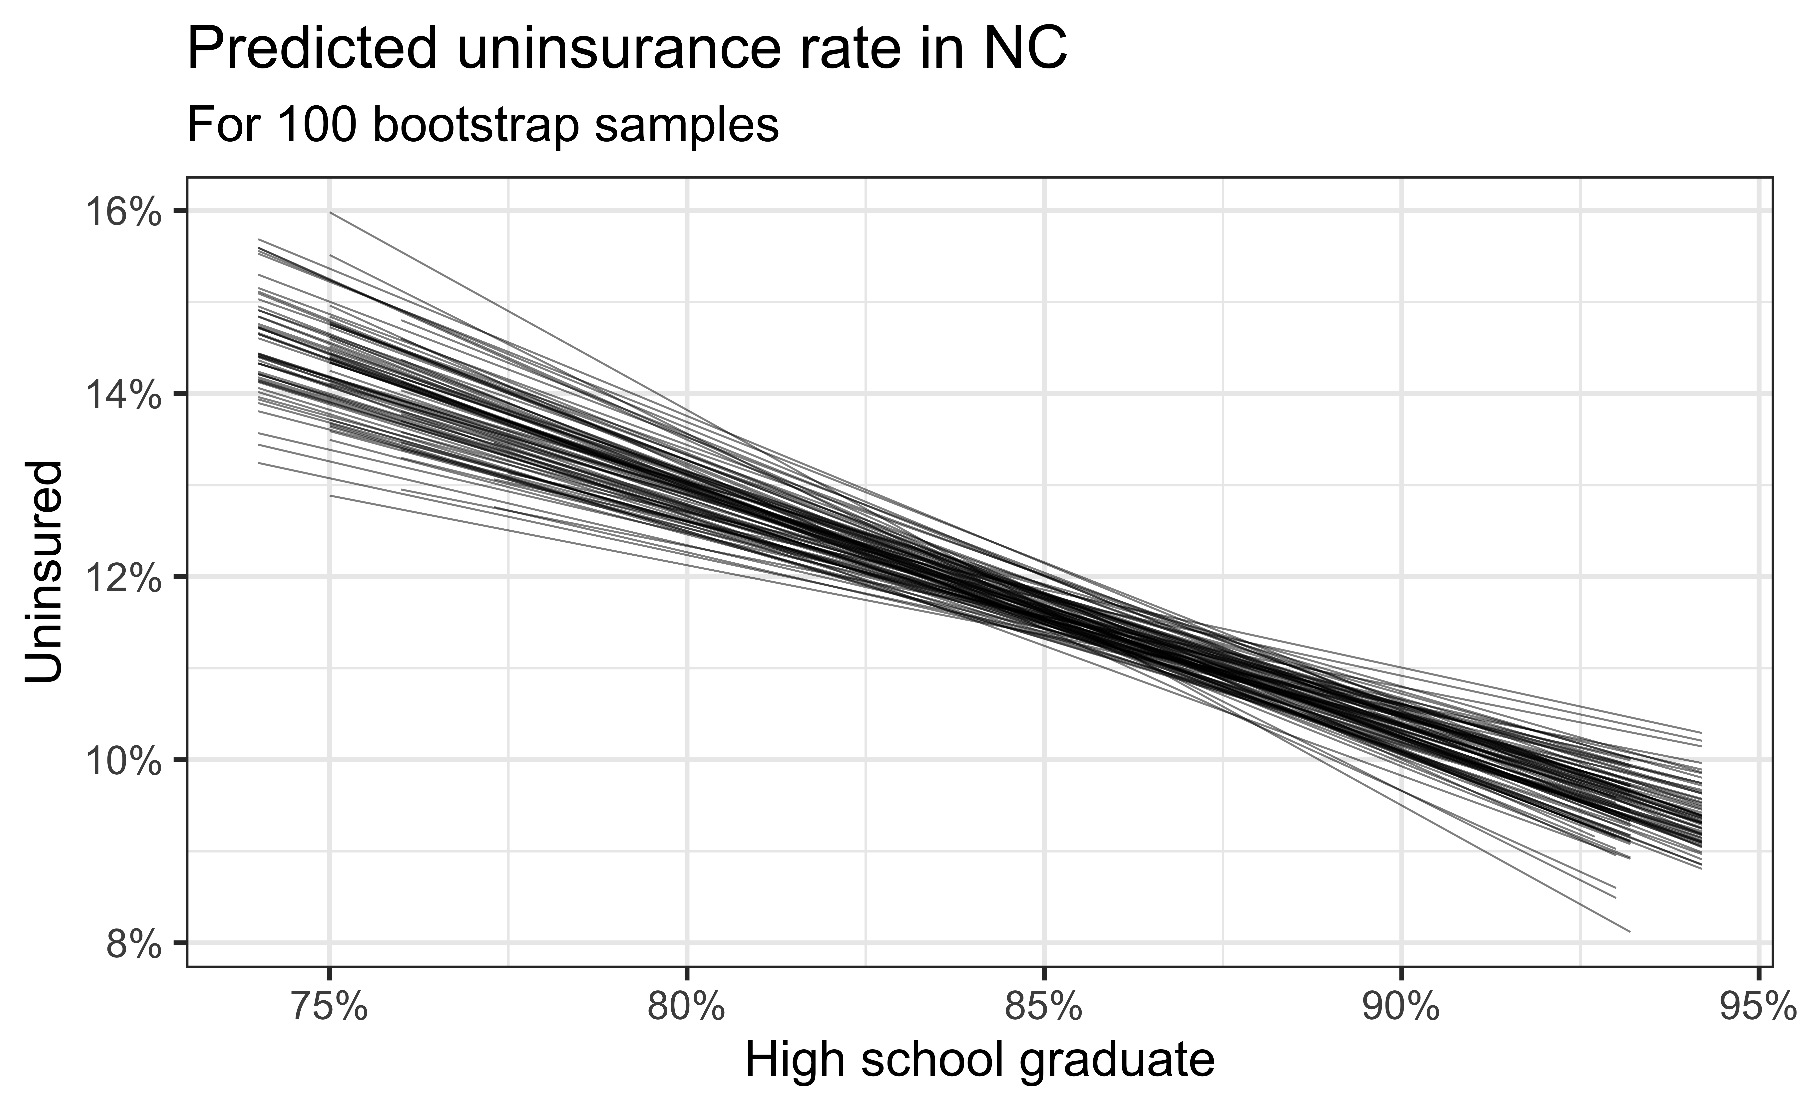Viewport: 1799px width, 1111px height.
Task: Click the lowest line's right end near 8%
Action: [x=1629, y=932]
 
